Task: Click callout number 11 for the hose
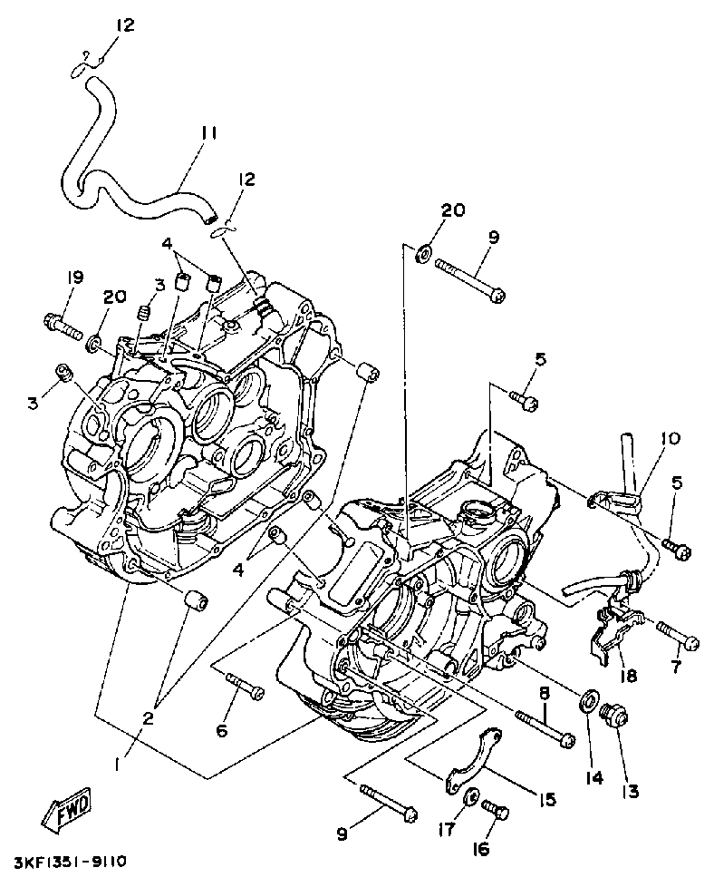tap(208, 132)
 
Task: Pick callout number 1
tap(118, 765)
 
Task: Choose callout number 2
tap(148, 717)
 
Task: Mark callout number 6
tap(222, 730)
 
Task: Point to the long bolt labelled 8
tap(544, 727)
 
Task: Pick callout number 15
tap(546, 799)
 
